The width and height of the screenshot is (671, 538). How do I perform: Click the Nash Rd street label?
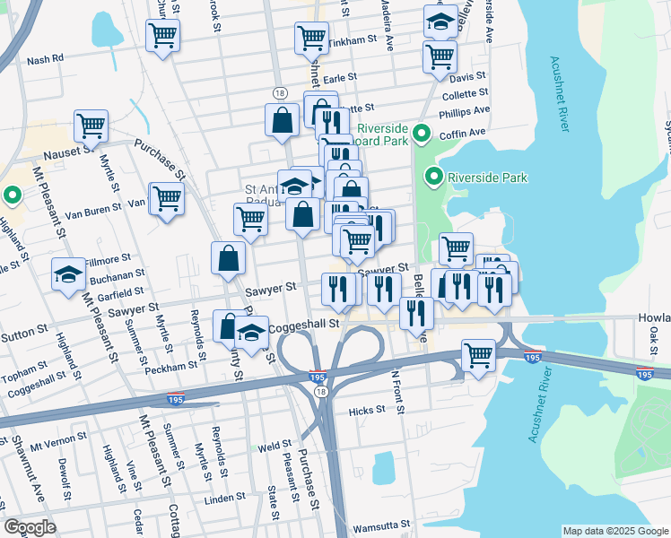(x=46, y=59)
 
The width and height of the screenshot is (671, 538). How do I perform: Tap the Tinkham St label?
(x=353, y=41)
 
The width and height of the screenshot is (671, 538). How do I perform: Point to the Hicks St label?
(x=366, y=410)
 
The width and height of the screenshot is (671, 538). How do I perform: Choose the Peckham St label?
(x=176, y=366)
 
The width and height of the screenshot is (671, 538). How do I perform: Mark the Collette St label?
(x=466, y=92)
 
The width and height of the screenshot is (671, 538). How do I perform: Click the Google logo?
(x=30, y=526)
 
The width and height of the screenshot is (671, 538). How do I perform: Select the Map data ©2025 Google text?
(x=614, y=531)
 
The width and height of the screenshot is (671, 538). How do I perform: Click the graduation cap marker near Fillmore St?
(x=68, y=274)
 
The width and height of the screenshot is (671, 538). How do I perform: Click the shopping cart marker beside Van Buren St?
(x=166, y=198)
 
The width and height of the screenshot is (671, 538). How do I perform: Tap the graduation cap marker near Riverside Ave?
(x=440, y=22)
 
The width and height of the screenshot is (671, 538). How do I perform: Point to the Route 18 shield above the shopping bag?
(x=281, y=93)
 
